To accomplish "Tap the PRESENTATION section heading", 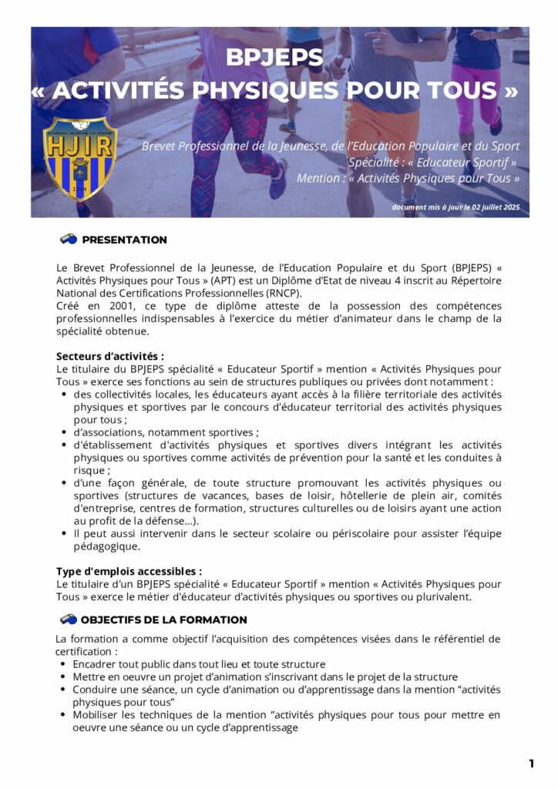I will pos(124,240).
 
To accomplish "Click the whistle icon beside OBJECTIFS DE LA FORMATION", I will pos(68,619).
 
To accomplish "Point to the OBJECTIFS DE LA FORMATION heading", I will pos(163,619).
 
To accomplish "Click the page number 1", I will pos(531,764).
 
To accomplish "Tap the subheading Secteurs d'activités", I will pos(109,357).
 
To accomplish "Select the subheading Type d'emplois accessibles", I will pos(129,572).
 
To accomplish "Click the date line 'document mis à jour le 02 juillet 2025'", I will pos(455,207).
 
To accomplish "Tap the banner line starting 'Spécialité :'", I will pos(432,163).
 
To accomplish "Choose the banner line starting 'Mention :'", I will pos(408,179).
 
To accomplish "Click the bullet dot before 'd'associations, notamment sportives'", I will pos(62,433).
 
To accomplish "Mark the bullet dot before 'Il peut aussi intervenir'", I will pos(62,533).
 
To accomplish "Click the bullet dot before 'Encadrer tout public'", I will pos(62,664).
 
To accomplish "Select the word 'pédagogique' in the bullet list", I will pos(106,546).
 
